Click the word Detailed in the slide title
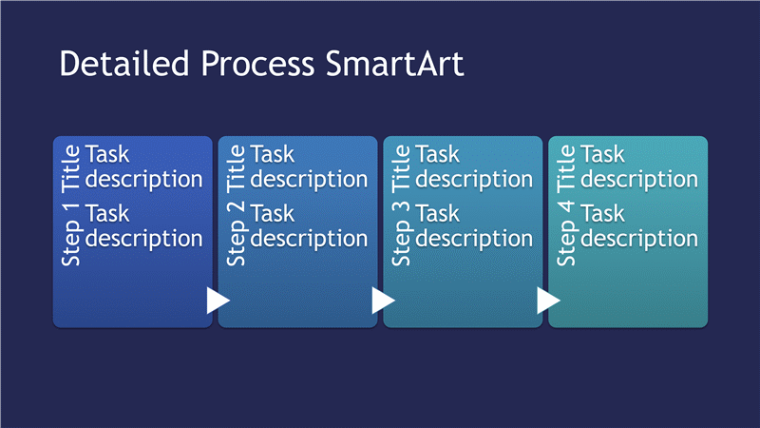click(124, 63)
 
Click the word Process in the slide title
click(257, 64)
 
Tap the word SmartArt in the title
click(394, 63)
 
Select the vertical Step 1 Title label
click(70, 205)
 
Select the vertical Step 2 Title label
click(236, 205)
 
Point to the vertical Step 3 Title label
click(401, 205)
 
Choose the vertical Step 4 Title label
click(566, 205)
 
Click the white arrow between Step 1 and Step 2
click(218, 301)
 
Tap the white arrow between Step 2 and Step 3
click(383, 301)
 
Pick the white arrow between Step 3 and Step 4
click(548, 301)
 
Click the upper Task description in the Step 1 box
click(144, 167)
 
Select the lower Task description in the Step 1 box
click(144, 226)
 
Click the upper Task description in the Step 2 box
click(310, 167)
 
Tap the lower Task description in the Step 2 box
click(310, 226)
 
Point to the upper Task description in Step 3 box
click(474, 167)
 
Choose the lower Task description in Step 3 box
click(474, 226)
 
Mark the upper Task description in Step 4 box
click(639, 167)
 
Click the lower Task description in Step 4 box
click(639, 226)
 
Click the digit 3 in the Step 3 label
click(401, 206)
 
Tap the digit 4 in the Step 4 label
click(566, 206)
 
